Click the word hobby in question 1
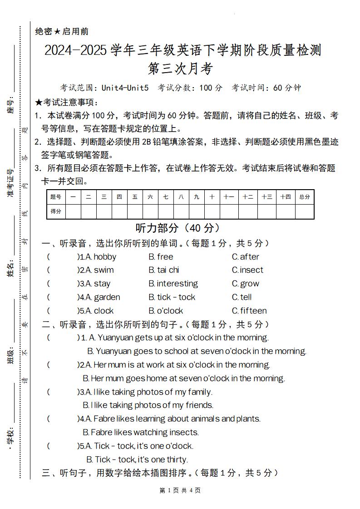(105, 257)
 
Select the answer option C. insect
(247, 270)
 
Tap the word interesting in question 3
(177, 284)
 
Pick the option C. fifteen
(249, 311)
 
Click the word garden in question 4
(107, 297)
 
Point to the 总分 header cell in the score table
(305, 197)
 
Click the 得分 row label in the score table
(56, 211)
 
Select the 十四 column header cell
(286, 197)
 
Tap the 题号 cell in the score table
(56, 197)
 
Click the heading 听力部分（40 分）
(178, 228)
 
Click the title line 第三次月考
(180, 69)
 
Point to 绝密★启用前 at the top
(62, 31)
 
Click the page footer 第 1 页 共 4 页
(180, 490)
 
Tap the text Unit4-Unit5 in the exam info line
(125, 88)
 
